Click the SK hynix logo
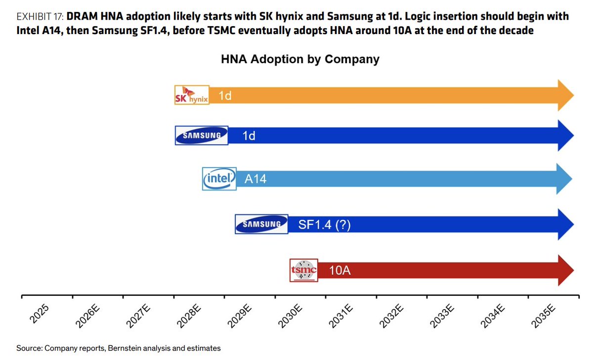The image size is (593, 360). (192, 95)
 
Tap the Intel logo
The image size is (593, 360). (219, 179)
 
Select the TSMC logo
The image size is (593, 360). (303, 270)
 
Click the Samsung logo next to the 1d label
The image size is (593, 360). (202, 135)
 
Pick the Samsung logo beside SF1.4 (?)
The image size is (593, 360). (261, 224)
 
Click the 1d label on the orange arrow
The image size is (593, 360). (225, 95)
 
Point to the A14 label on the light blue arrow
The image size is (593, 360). (255, 179)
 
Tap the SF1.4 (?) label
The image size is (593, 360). (324, 225)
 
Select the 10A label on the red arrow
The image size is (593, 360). (339, 270)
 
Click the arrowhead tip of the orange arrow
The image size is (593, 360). (574, 95)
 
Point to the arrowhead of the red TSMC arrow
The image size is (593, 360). (566, 270)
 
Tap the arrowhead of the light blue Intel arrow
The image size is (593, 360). (564, 179)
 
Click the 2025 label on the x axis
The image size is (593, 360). (39, 314)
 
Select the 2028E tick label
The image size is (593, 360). (189, 317)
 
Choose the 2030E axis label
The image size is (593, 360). (290, 317)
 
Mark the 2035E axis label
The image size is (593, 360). (543, 317)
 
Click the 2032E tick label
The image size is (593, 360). (391, 317)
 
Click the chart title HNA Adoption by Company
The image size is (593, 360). (300, 59)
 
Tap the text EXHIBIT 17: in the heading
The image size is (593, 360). (40, 17)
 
